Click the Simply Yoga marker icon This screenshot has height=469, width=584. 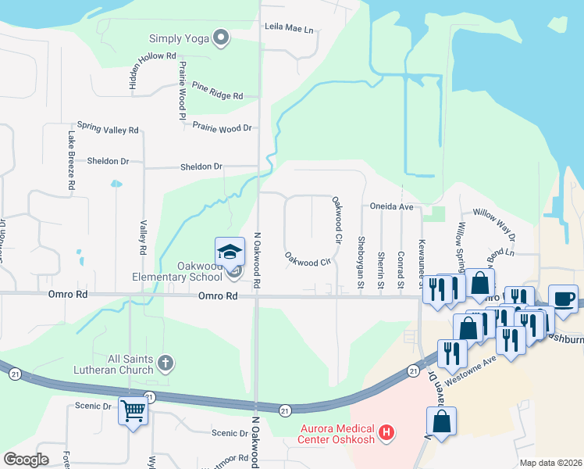click(x=221, y=38)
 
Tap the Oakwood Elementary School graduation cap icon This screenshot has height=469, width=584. click(x=230, y=252)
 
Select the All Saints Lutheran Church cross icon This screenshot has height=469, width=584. click(x=164, y=362)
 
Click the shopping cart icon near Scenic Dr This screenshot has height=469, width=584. click(x=133, y=409)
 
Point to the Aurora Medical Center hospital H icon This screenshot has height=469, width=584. click(x=384, y=431)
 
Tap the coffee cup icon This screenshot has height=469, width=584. click(x=564, y=298)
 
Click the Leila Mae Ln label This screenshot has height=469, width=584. click(x=288, y=30)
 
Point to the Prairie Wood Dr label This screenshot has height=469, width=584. click(x=223, y=127)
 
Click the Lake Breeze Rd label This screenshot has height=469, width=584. click(x=70, y=161)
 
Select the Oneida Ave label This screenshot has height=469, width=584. click(x=392, y=207)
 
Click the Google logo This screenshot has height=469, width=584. click(x=27, y=460)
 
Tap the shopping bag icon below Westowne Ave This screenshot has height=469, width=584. click(x=442, y=422)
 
